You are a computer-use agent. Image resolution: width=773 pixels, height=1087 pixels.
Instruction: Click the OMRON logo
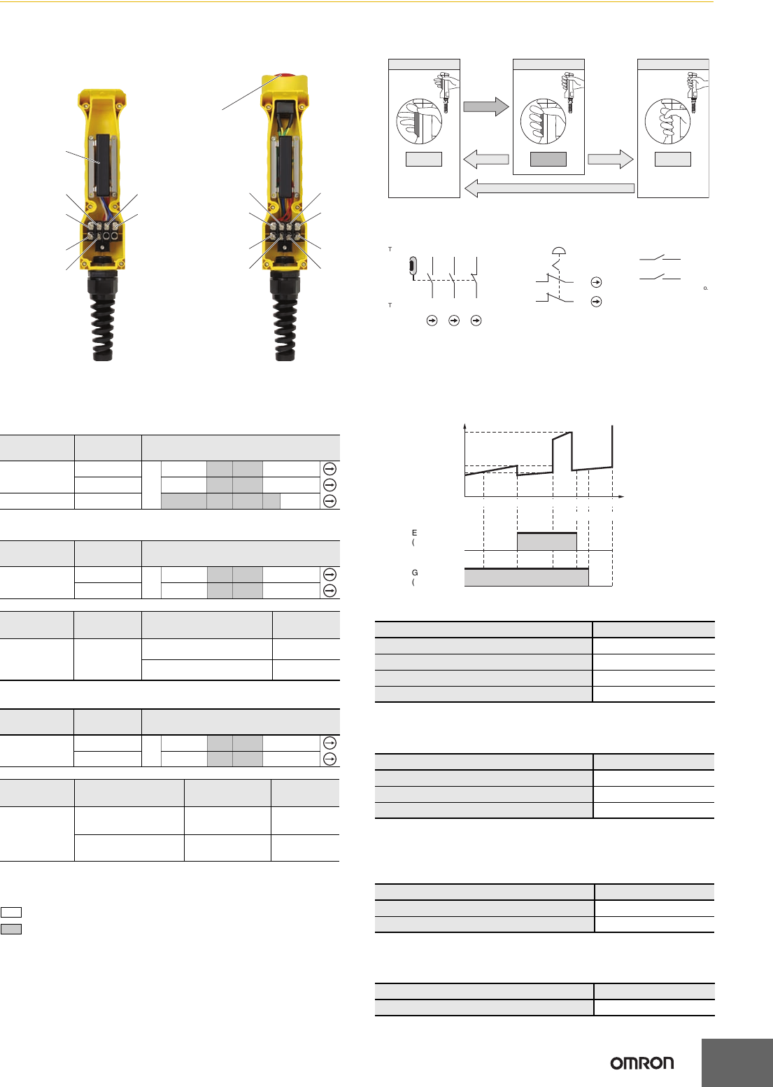pyautogui.click(x=641, y=1063)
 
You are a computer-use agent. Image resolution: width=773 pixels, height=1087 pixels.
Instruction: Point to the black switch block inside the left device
pyautogui.click(x=102, y=164)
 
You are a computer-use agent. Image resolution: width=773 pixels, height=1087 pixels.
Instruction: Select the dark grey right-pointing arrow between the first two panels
pyautogui.click(x=485, y=106)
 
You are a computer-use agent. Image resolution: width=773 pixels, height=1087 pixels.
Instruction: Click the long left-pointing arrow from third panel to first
pyautogui.click(x=549, y=188)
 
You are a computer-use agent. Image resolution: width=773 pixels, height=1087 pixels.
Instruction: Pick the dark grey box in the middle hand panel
pyautogui.click(x=548, y=159)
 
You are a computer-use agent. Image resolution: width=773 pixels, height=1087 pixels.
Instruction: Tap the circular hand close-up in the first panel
pyautogui.click(x=418, y=122)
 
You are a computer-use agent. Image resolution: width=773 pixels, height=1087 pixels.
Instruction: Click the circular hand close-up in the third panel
pyautogui.click(x=667, y=122)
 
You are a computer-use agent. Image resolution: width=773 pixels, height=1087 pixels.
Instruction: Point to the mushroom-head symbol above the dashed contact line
pyautogui.click(x=559, y=251)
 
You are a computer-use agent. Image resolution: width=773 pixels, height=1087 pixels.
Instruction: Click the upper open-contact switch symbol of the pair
pyautogui.click(x=660, y=259)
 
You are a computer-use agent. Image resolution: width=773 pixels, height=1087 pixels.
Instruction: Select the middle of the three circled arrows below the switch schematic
pyautogui.click(x=454, y=321)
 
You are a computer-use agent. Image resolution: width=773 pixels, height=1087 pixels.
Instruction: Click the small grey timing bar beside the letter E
pyautogui.click(x=546, y=541)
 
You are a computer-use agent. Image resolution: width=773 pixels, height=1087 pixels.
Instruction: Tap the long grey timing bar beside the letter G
pyautogui.click(x=526, y=577)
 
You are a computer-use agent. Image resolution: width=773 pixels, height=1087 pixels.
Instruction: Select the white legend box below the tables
pyautogui.click(x=11, y=912)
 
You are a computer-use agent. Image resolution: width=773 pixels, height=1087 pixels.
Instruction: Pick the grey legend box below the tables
pyautogui.click(x=11, y=929)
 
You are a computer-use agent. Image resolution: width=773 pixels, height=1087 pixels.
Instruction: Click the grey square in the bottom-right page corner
pyautogui.click(x=737, y=1063)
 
